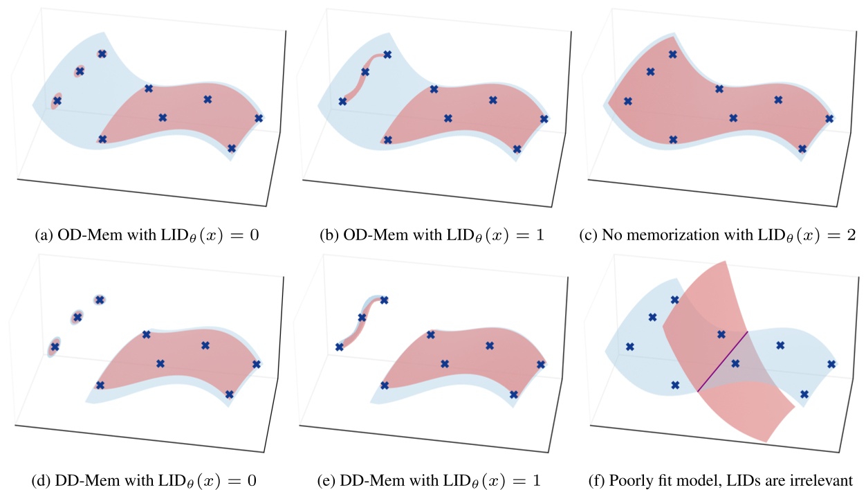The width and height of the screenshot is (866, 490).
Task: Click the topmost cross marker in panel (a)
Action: point(102,54)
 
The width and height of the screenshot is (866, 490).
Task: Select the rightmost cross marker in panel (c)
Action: point(829,118)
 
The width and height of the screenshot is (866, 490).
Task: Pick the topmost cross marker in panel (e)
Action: point(384,300)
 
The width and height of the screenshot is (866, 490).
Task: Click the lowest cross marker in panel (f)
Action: point(804,394)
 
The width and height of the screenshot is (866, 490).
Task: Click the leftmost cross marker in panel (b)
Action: point(342,102)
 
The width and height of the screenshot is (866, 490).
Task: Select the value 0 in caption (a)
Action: point(254,235)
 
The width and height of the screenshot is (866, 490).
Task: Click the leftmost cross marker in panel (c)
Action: point(627,101)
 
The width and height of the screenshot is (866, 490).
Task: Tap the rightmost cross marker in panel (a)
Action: point(259,118)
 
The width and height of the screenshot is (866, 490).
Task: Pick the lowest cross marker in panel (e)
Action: point(513,394)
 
